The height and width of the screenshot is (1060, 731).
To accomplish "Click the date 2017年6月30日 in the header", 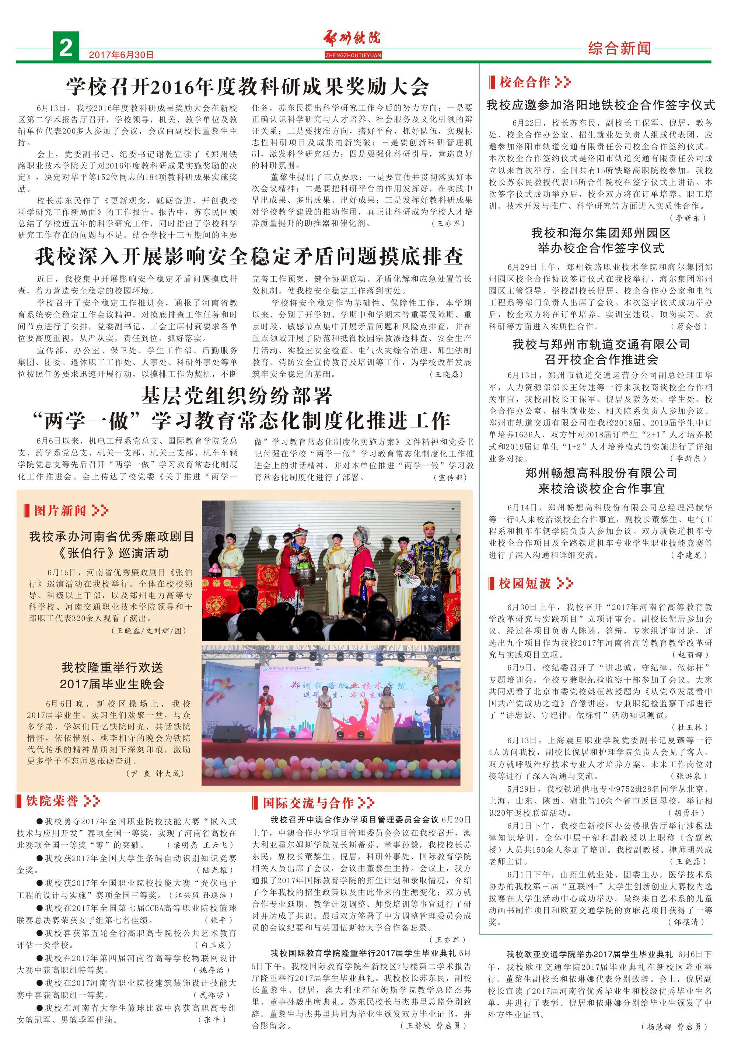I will click(x=121, y=55).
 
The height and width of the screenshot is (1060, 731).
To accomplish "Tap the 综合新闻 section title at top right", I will click(x=619, y=48).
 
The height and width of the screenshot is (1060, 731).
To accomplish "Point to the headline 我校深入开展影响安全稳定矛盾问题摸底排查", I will click(x=249, y=257).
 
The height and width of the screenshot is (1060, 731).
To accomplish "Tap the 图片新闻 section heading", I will click(x=60, y=510).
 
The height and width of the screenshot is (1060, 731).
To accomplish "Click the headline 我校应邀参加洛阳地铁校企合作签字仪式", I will click(x=601, y=105).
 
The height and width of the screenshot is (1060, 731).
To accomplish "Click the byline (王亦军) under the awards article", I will click(x=448, y=224).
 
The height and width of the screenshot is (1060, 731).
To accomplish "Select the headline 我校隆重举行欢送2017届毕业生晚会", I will click(x=113, y=675).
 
